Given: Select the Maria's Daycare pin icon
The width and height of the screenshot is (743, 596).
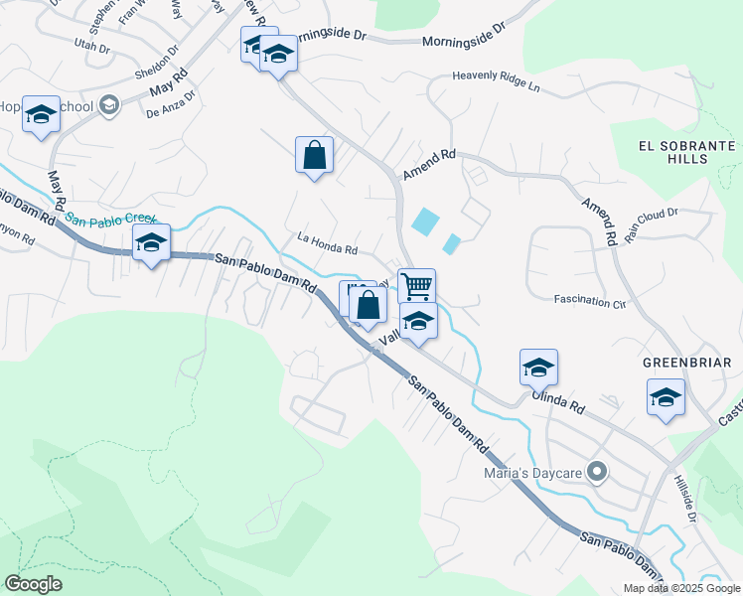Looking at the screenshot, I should click(x=596, y=471).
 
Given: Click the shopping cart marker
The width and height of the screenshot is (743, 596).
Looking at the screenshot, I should click(x=417, y=286).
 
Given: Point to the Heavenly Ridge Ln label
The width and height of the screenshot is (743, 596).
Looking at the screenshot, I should click(x=495, y=80).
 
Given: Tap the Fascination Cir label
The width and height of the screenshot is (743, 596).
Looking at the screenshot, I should click(x=590, y=301).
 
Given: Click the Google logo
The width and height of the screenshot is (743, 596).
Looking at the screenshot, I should click(x=33, y=584).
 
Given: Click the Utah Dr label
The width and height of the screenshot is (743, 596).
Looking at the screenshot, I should click(x=92, y=44).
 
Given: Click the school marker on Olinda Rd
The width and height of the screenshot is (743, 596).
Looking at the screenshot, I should click(x=538, y=368).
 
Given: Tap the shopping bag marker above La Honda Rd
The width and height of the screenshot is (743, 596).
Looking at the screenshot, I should click(x=314, y=155).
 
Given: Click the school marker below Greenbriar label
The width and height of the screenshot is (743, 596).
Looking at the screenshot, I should click(x=666, y=397).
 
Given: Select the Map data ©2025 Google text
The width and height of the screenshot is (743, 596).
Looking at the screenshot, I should click(x=681, y=587).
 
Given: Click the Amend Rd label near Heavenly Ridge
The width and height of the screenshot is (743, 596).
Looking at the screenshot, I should click(x=429, y=165).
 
